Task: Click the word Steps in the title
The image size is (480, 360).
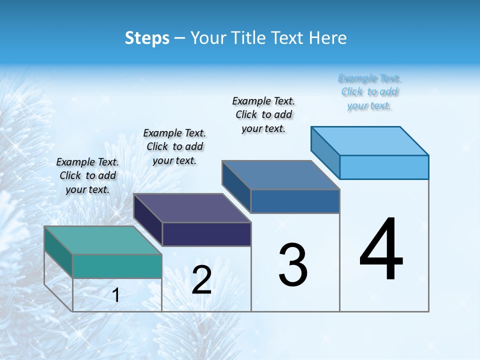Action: pyautogui.click(x=147, y=38)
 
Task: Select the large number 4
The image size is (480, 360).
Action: pyautogui.click(x=381, y=250)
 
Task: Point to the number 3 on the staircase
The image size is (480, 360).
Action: pyautogui.click(x=293, y=265)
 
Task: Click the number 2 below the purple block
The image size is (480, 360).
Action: pyautogui.click(x=201, y=280)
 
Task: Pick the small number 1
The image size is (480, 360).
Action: pyautogui.click(x=116, y=295)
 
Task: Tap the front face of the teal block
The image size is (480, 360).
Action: pyautogui.click(x=117, y=266)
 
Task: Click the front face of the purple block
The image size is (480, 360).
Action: pyautogui.click(x=206, y=234)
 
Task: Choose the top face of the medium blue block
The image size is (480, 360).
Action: pyautogui.click(x=281, y=175)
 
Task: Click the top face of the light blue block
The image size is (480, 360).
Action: pyautogui.click(x=370, y=140)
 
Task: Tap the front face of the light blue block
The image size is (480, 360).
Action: pyautogui.click(x=384, y=167)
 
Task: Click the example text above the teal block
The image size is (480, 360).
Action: pyautogui.click(x=87, y=175)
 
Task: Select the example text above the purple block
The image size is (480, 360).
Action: pyautogui.click(x=174, y=146)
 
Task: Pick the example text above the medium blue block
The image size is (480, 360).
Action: pyautogui.click(x=263, y=114)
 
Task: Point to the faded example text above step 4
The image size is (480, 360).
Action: pyautogui.click(x=369, y=92)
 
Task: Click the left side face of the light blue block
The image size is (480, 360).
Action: pyautogui.click(x=325, y=152)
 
